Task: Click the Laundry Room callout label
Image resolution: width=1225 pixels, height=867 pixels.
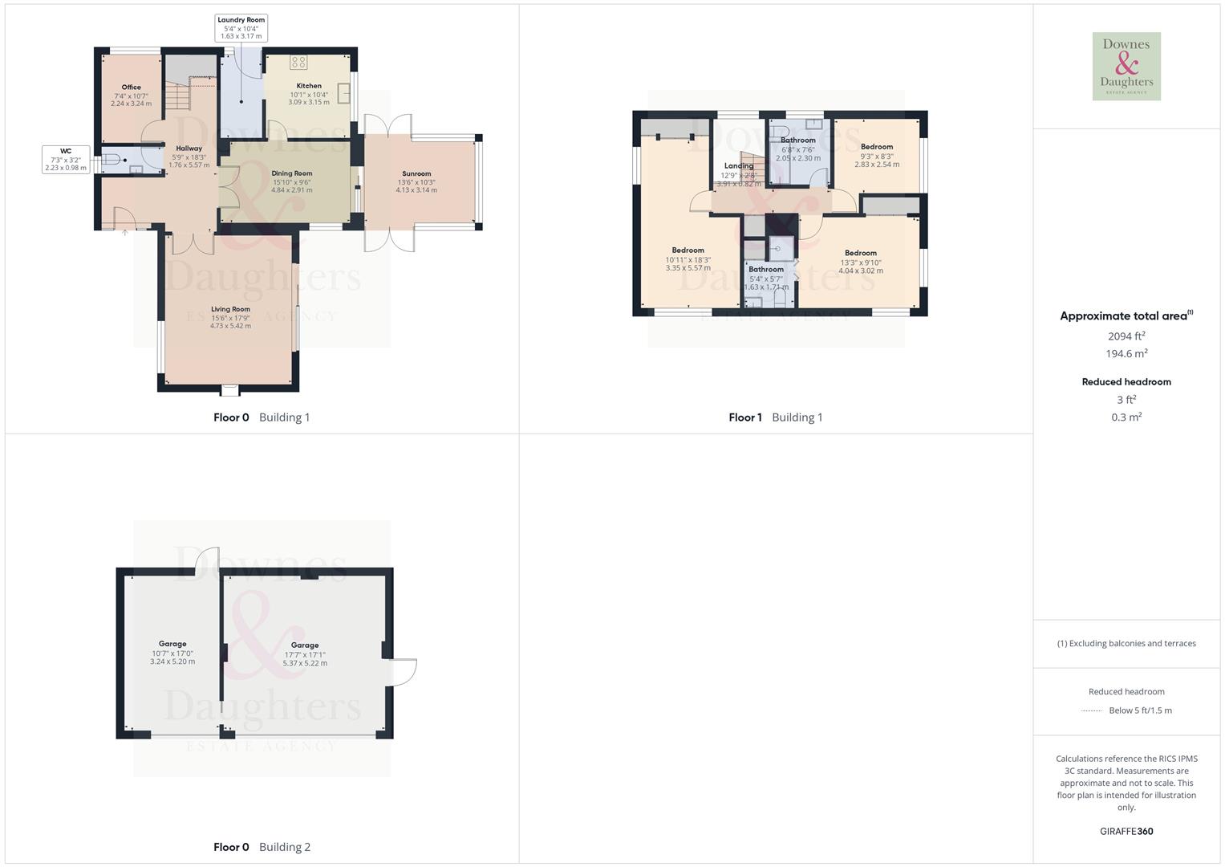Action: coord(241,28)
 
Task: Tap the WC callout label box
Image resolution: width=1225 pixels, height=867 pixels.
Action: coord(66,159)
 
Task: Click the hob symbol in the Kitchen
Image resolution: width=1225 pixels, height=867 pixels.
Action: coord(298,63)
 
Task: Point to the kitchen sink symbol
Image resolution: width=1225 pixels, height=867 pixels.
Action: coord(344,93)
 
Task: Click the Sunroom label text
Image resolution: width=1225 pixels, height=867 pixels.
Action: coord(416,173)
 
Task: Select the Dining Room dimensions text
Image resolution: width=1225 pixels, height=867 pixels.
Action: coord(291,186)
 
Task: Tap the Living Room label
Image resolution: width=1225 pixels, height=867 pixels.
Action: coord(230,309)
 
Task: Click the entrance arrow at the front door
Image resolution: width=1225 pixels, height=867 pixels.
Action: coord(125,233)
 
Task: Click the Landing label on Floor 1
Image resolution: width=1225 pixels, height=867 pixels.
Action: coord(738,166)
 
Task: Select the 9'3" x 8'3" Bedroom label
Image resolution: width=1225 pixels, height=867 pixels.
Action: coord(876,147)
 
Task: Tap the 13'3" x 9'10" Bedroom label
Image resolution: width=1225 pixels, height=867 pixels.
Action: coord(860,253)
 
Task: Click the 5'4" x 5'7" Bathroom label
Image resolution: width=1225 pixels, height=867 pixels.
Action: coord(766,270)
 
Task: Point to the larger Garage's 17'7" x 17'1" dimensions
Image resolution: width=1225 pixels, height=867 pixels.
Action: coord(305,659)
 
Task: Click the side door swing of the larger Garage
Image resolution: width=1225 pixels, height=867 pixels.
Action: coord(404,672)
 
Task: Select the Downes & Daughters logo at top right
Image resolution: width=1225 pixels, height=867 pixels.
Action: coord(1126,67)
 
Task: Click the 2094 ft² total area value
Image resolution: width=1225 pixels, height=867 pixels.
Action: coord(1126,336)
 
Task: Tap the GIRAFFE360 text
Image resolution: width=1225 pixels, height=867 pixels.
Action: coord(1126,832)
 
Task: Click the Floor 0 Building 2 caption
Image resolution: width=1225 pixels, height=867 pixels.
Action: coord(262,847)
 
